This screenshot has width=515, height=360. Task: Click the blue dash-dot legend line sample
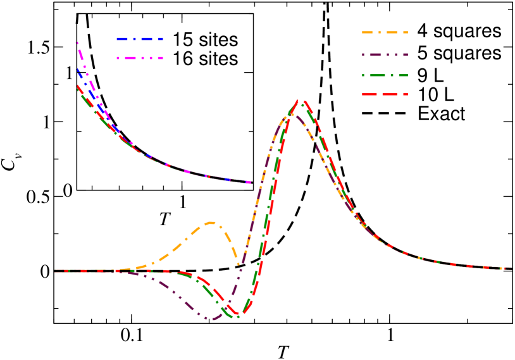click(139, 39)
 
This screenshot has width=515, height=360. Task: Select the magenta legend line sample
click(139, 58)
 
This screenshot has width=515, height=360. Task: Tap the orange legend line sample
click(384, 32)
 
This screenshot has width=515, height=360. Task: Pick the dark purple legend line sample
click(384, 54)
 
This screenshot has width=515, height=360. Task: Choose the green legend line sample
click(384, 75)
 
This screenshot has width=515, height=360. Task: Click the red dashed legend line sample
click(384, 94)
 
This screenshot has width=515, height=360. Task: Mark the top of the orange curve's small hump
click(211, 222)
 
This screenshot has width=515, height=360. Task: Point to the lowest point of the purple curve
click(212, 319)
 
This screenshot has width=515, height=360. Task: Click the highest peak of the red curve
click(303, 101)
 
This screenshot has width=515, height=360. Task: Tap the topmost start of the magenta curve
click(77, 42)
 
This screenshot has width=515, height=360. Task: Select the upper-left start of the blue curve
click(78, 69)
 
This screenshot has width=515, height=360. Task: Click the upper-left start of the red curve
click(77, 85)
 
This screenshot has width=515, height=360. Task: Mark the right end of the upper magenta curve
click(251, 182)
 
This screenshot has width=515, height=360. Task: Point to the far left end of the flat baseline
click(55, 271)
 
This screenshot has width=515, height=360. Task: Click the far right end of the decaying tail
click(510, 268)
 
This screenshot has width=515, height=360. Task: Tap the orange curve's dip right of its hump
click(240, 263)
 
